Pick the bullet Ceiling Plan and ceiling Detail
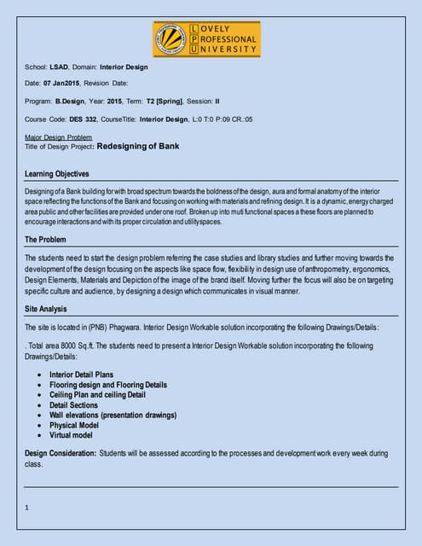click(x=97, y=395)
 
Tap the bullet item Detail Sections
click(x=73, y=405)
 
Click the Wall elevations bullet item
click(x=113, y=415)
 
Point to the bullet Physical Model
click(x=76, y=425)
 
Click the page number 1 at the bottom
click(x=28, y=507)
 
